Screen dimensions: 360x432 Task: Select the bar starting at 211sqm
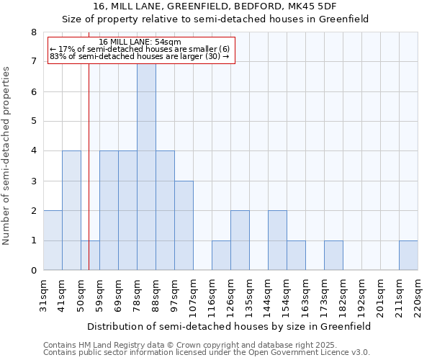pyautogui.click(x=408, y=256)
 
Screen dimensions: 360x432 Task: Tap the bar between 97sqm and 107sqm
pyautogui.click(x=184, y=225)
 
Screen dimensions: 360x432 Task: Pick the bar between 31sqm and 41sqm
pyautogui.click(x=53, y=240)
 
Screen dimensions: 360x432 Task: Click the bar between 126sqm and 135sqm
pyautogui.click(x=240, y=240)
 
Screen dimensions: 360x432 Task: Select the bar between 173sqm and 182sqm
pyautogui.click(x=333, y=256)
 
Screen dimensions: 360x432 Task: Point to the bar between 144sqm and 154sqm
pyautogui.click(x=277, y=240)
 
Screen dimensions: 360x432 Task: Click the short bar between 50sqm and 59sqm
pyautogui.click(x=90, y=256)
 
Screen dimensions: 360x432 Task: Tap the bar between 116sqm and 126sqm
pyautogui.click(x=221, y=256)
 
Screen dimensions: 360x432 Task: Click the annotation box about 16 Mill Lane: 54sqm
pyautogui.click(x=141, y=50)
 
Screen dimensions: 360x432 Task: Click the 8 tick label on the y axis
pyautogui.click(x=33, y=32)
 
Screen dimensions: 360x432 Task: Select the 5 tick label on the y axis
pyautogui.click(x=33, y=122)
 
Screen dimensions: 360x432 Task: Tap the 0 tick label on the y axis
pyautogui.click(x=33, y=271)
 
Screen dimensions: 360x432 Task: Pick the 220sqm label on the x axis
pyautogui.click(x=418, y=295)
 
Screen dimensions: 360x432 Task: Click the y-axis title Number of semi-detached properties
pyautogui.click(x=7, y=156)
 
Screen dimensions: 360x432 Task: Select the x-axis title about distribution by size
pyautogui.click(x=230, y=326)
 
